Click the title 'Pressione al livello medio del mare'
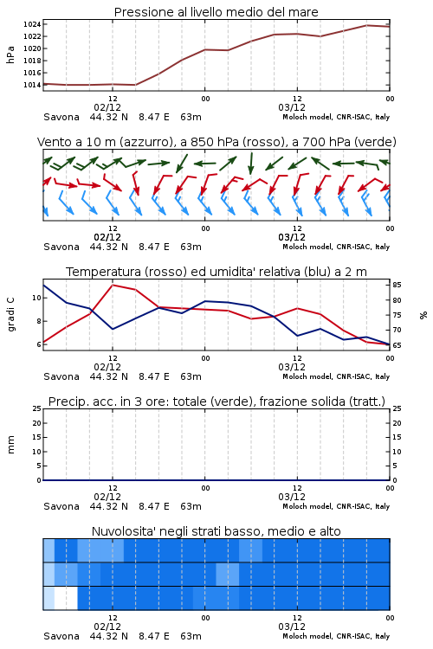point(216,12)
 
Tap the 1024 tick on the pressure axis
point(32,24)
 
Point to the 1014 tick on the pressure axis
point(32,85)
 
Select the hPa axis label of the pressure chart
point(10,55)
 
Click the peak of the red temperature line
point(113,285)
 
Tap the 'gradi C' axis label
point(10,315)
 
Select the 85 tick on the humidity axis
point(397,285)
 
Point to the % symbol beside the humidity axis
point(423,315)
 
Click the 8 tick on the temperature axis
point(39,321)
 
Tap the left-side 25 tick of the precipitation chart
point(37,408)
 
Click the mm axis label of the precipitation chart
point(10,445)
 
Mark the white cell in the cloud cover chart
point(66,598)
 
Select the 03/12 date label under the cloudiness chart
point(292,627)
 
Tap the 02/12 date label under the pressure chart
point(107,107)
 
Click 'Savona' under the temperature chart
point(61,376)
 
